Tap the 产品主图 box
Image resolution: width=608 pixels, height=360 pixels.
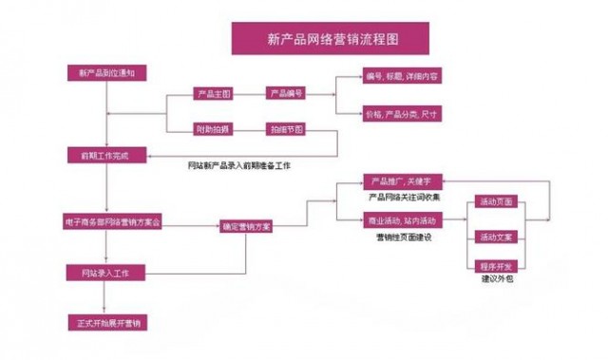click(x=210, y=94)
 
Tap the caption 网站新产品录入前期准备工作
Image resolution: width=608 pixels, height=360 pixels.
click(x=239, y=166)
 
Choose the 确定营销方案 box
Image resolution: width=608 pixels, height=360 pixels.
click(x=245, y=227)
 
